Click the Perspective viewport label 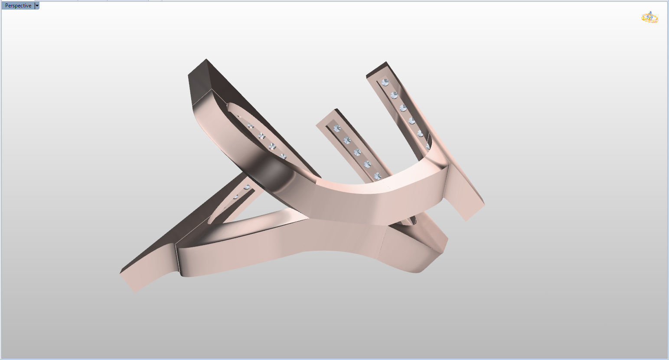[x=18, y=6]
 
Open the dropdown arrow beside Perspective [x=37, y=6]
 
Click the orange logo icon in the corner [x=649, y=18]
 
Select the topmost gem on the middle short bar [x=336, y=128]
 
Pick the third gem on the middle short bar [x=357, y=152]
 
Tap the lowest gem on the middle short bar [x=377, y=176]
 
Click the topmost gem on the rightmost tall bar [x=385, y=82]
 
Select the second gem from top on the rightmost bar [x=394, y=95]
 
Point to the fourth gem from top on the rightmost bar [x=411, y=121]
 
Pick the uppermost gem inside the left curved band [x=250, y=126]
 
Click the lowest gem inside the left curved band [x=283, y=156]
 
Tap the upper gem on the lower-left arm [x=247, y=187]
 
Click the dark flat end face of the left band [x=199, y=82]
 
